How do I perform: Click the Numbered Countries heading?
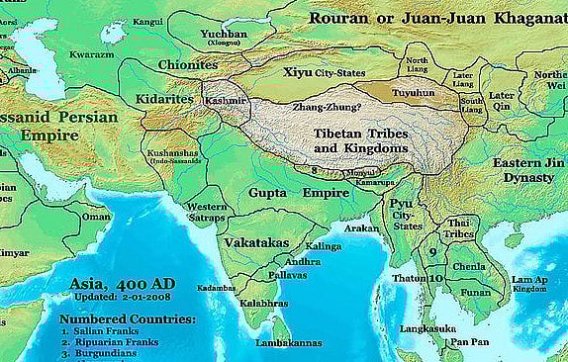[127, 319]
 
